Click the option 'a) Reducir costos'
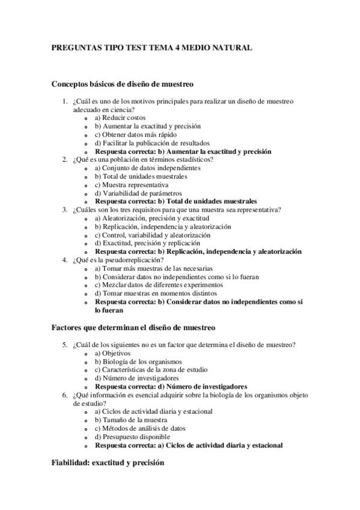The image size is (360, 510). point(120,118)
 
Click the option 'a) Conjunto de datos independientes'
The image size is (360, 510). point(147,168)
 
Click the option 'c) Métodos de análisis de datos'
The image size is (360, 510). point(140,428)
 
